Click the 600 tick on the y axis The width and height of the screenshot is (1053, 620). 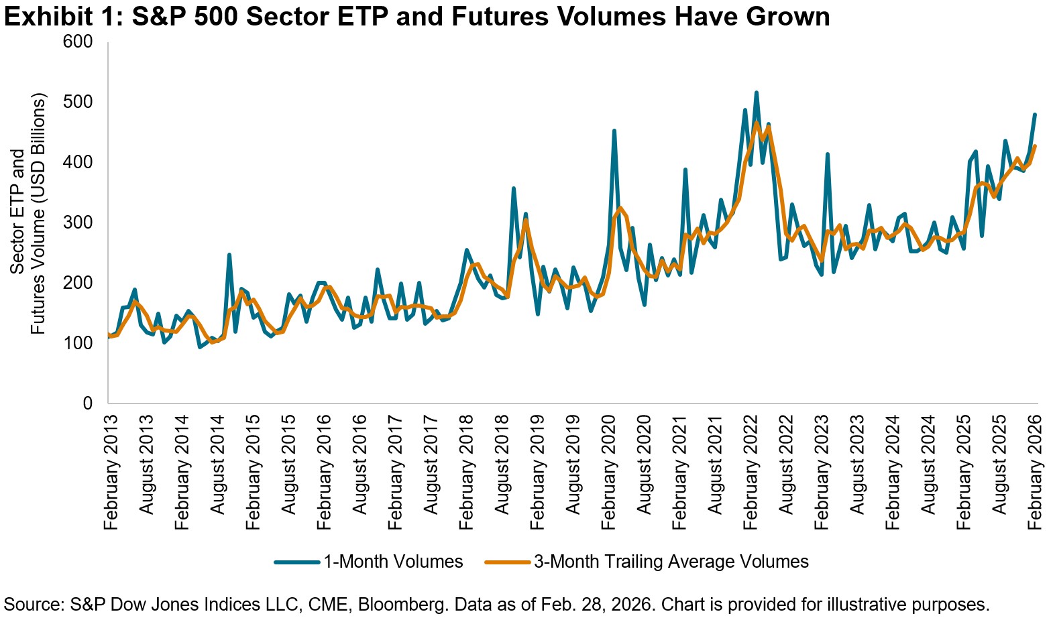pyautogui.click(x=78, y=42)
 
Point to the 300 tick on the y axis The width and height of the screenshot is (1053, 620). pyautogui.click(x=78, y=223)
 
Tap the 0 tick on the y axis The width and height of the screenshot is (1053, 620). pyautogui.click(x=87, y=404)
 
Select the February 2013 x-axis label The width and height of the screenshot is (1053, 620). pyautogui.click(x=111, y=473)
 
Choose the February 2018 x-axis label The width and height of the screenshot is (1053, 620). pyautogui.click(x=466, y=473)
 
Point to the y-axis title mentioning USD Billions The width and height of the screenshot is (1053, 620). pyautogui.click(x=38, y=214)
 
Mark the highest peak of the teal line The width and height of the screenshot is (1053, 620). pyautogui.click(x=757, y=92)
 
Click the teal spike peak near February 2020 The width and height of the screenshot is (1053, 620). pyautogui.click(x=614, y=131)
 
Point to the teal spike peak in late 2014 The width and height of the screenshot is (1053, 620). pyautogui.click(x=229, y=255)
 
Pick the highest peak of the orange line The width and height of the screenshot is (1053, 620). pyautogui.click(x=757, y=123)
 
